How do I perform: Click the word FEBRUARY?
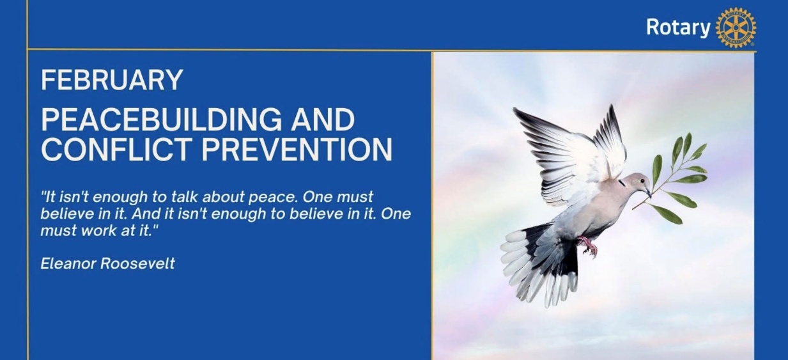(x=112, y=80)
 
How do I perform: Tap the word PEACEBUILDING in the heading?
(x=162, y=120)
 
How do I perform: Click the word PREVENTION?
(x=297, y=149)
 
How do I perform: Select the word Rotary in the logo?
(x=678, y=27)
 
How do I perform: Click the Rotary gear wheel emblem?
(x=736, y=27)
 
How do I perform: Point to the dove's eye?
(x=643, y=180)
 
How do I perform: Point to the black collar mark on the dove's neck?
(x=622, y=183)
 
